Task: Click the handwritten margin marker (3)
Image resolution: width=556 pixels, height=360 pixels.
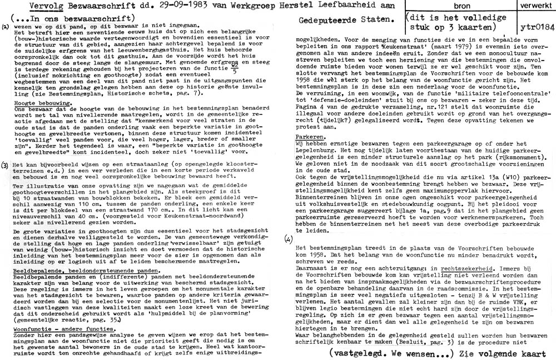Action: coord(5,165)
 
